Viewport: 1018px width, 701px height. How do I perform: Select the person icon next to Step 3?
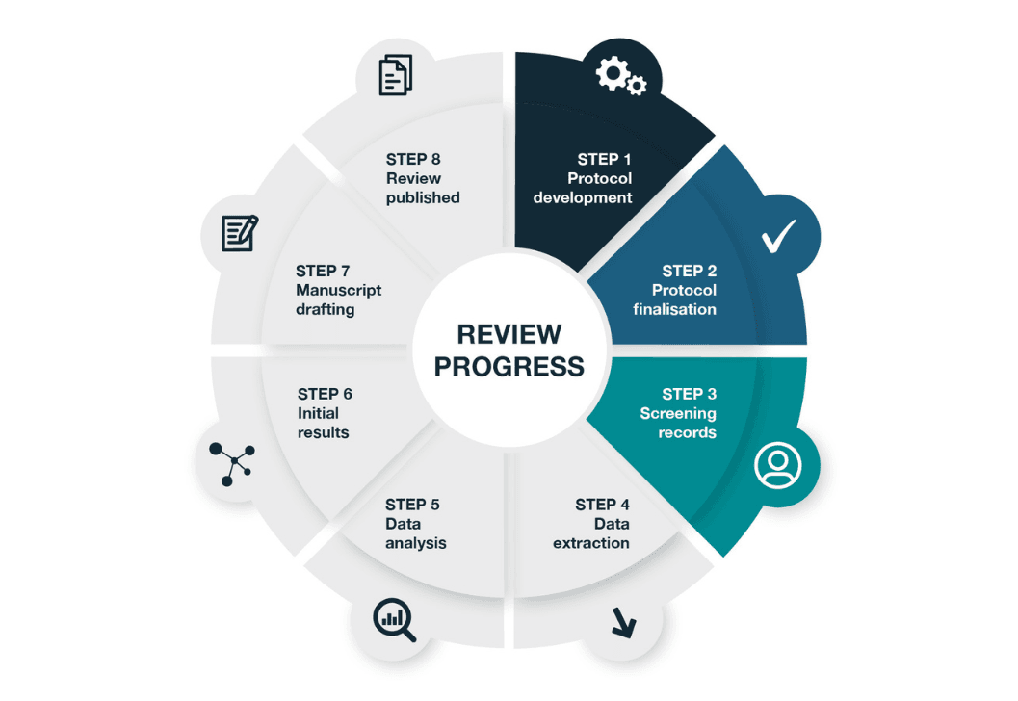778,466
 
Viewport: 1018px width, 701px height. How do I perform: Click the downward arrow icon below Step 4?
623,625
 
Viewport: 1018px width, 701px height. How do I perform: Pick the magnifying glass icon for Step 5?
394,620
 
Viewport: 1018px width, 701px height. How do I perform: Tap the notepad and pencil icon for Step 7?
240,232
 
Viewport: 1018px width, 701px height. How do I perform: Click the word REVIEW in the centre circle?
509,334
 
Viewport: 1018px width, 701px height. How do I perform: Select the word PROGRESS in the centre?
509,366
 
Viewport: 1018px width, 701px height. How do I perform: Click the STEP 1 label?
605,159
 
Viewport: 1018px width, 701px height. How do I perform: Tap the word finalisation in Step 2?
675,309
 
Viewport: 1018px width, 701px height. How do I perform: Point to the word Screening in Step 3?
678,413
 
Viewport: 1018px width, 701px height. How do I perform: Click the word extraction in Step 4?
591,543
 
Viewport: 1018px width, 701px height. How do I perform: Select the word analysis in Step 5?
416,543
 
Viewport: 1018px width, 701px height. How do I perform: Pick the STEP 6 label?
325,394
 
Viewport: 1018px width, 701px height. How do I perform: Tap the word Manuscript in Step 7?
339,290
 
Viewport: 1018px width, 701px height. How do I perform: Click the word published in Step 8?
423,197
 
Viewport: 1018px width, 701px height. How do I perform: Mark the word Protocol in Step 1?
599,178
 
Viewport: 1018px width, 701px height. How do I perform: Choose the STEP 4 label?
602,505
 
